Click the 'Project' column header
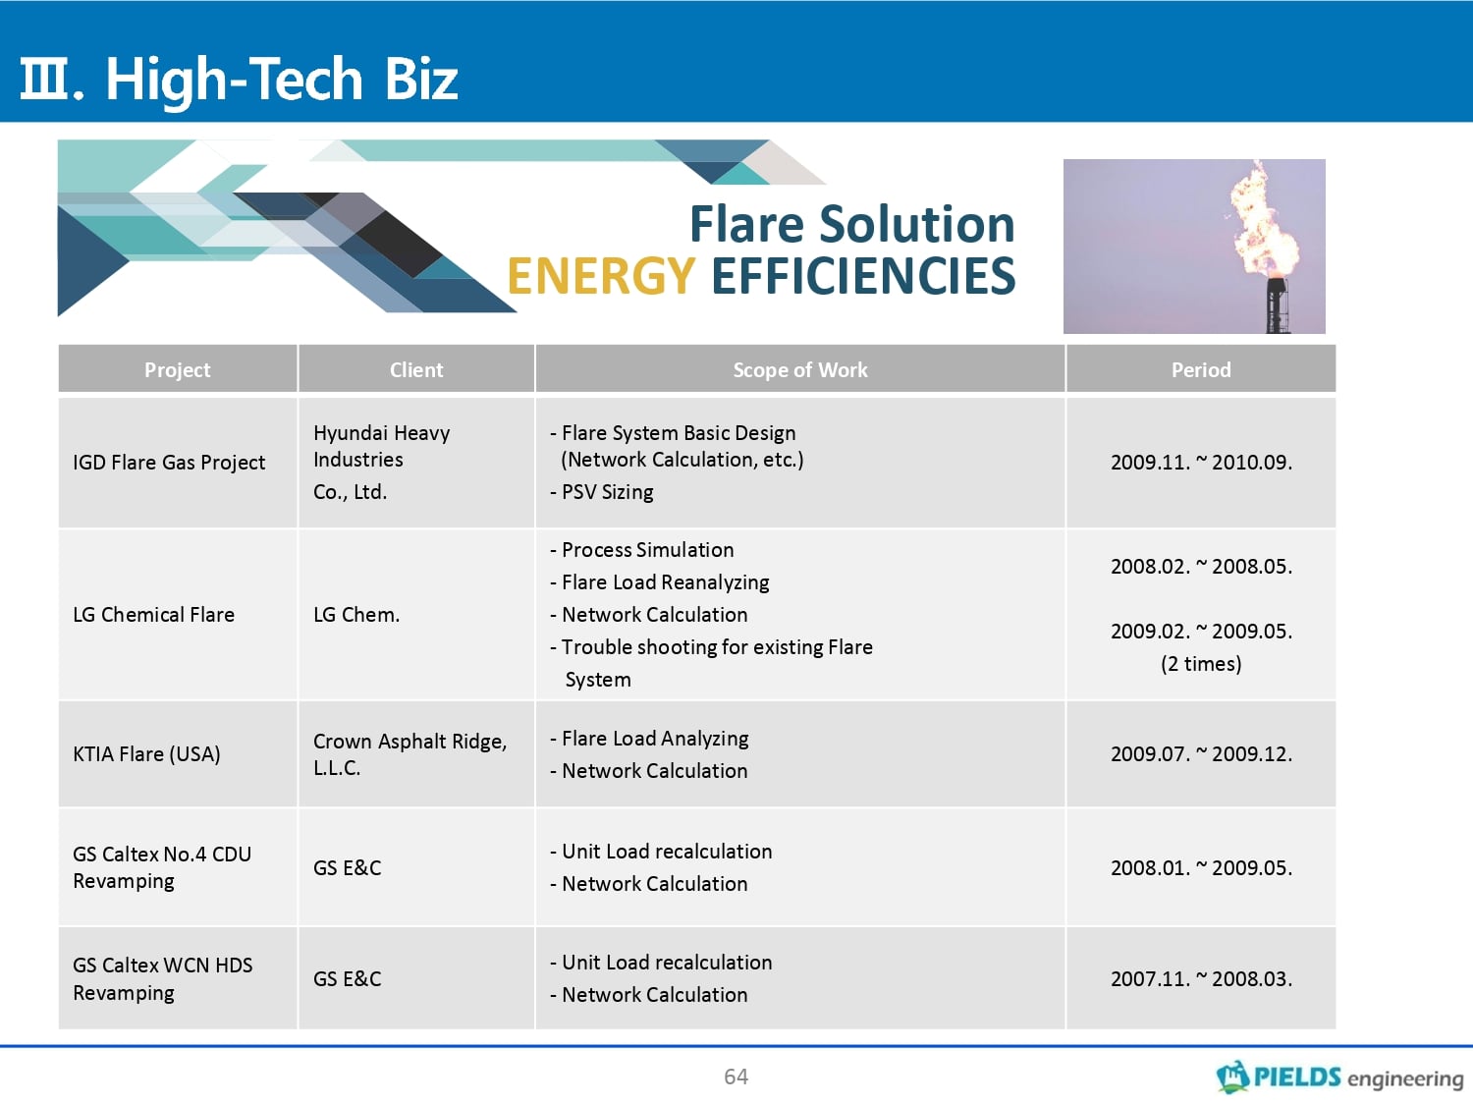point(177,369)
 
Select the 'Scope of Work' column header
point(800,369)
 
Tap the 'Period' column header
point(1201,369)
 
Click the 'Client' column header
point(416,369)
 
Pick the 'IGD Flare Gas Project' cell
point(169,463)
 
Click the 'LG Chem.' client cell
point(356,615)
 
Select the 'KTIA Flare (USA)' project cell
point(146,754)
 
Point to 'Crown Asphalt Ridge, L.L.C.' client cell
point(410,754)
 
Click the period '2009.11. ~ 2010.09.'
point(1201,463)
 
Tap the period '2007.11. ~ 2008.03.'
point(1201,979)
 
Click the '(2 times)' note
point(1201,664)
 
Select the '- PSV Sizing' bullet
point(601,492)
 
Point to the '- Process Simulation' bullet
point(641,550)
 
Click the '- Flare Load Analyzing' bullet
point(649,739)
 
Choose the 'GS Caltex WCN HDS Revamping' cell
point(162,979)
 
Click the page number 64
point(736,1077)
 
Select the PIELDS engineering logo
point(1339,1077)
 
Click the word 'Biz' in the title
point(420,80)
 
